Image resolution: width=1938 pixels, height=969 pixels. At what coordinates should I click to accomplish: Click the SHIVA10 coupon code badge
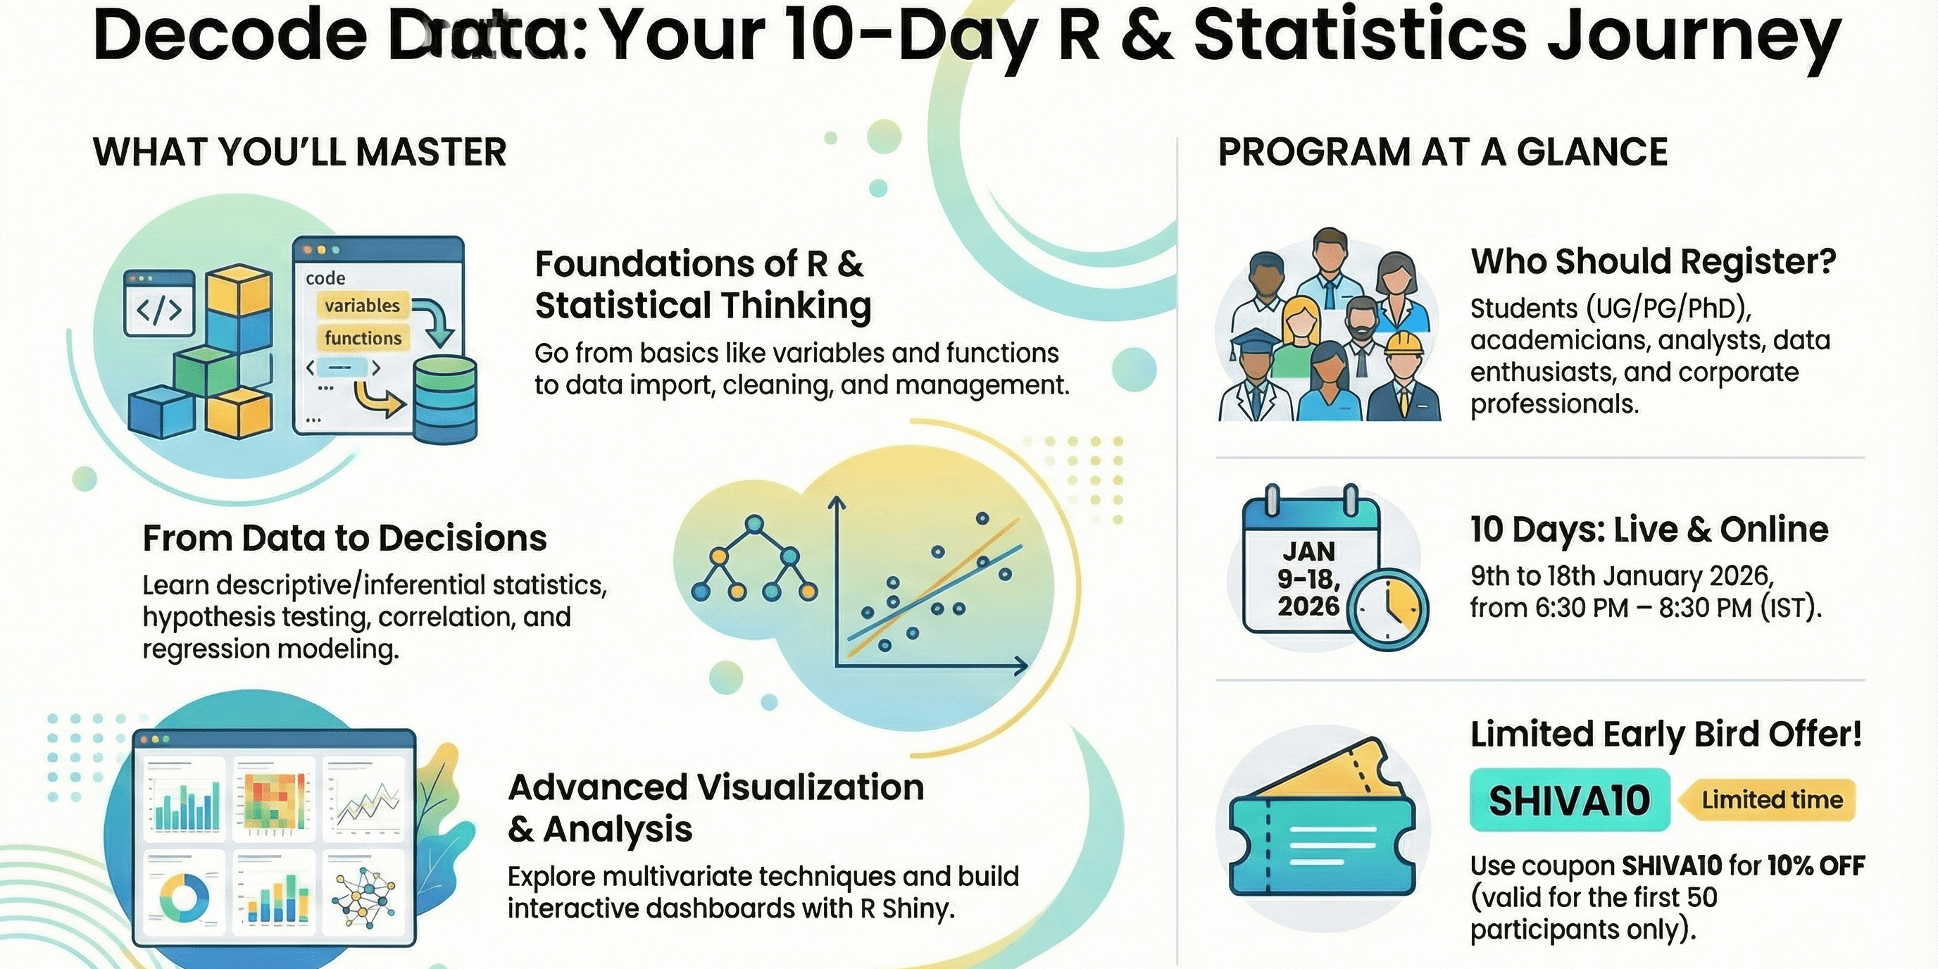pyautogui.click(x=1570, y=800)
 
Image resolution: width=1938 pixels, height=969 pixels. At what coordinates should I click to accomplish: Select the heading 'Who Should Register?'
pyautogui.click(x=1653, y=262)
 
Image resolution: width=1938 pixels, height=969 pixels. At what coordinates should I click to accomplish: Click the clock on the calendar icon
pyautogui.click(x=1387, y=609)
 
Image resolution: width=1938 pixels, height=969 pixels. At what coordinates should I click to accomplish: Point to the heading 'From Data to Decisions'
pyautogui.click(x=344, y=538)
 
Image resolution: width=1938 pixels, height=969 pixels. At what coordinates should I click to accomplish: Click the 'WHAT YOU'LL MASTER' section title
pyautogui.click(x=299, y=152)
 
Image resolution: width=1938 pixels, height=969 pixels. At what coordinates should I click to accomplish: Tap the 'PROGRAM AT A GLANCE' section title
pyautogui.click(x=1442, y=152)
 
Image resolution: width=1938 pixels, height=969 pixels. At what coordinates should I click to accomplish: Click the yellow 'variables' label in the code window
pyautogui.click(x=363, y=306)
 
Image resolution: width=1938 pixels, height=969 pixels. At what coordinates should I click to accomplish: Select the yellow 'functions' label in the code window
pyautogui.click(x=363, y=339)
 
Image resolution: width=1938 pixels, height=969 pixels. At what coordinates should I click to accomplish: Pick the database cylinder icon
pyautogui.click(x=445, y=399)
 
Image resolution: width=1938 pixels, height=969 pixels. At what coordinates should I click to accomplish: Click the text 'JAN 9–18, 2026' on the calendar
pyautogui.click(x=1308, y=579)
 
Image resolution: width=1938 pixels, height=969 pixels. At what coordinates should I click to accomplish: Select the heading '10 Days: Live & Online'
pyautogui.click(x=1649, y=530)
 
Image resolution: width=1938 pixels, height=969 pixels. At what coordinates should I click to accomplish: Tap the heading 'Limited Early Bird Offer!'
pyautogui.click(x=1665, y=734)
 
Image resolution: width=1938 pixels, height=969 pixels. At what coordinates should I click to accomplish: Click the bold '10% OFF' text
pyautogui.click(x=1816, y=866)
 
